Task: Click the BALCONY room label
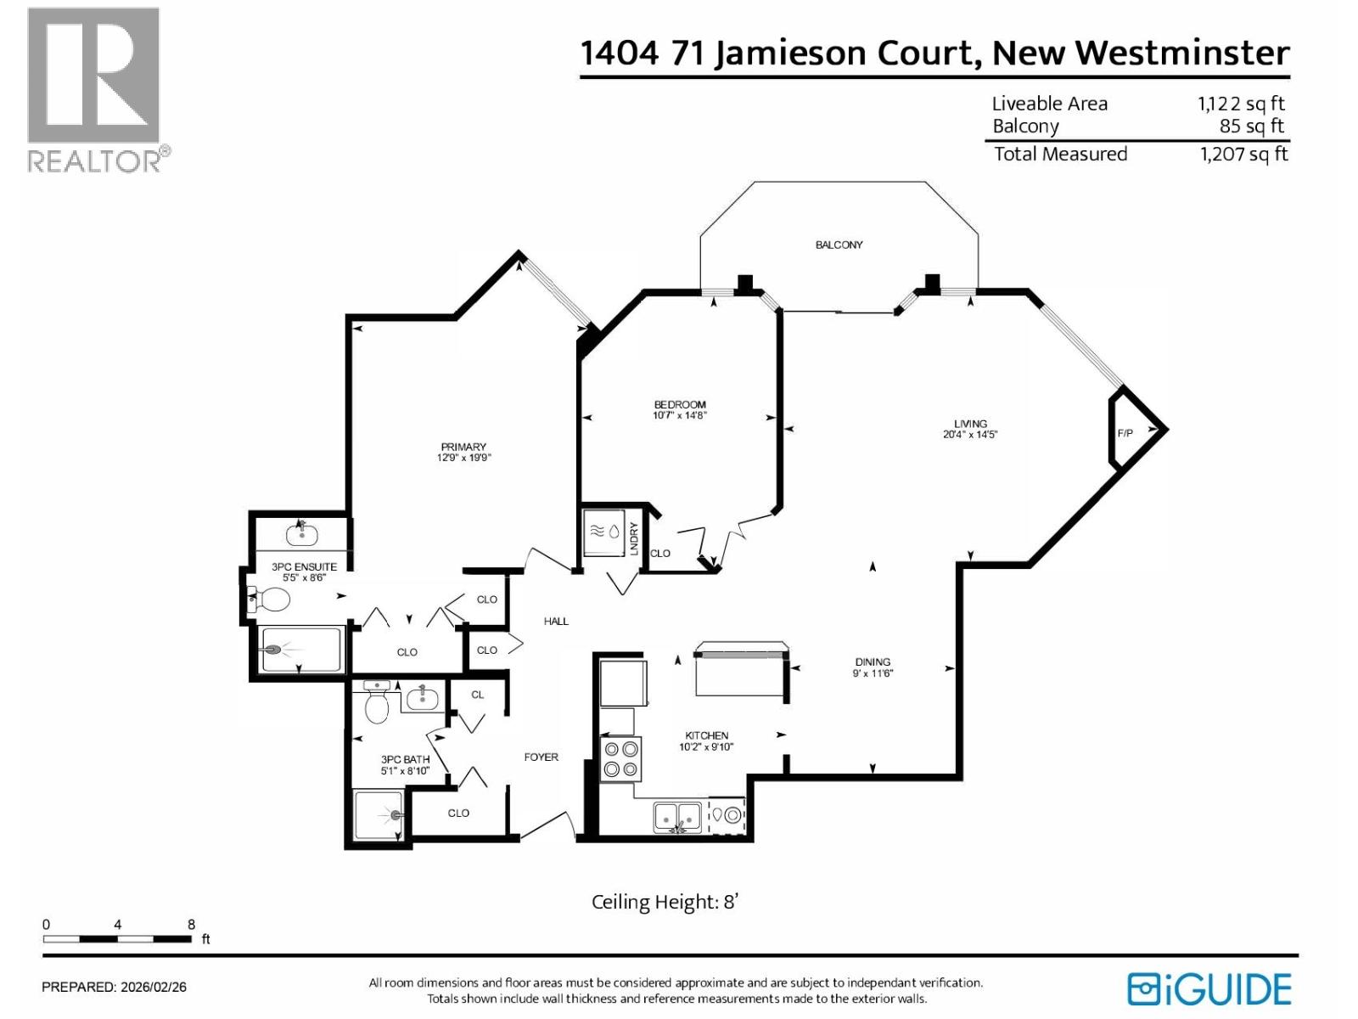tap(839, 245)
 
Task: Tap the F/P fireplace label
tap(1125, 433)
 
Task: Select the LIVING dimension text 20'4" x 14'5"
tap(970, 435)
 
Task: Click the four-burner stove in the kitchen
tap(620, 759)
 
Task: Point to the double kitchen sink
tap(677, 817)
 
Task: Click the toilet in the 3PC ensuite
tap(270, 600)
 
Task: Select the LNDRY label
tap(634, 538)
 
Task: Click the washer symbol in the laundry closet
tap(604, 532)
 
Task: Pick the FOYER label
tap(541, 757)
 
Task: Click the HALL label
tap(556, 622)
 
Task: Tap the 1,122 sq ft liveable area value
tap(1241, 104)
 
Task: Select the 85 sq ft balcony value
tap(1251, 127)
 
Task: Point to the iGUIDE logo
tap(1209, 989)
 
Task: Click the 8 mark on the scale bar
tap(191, 925)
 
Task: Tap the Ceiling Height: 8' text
tap(665, 902)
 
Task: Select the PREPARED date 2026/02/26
tap(154, 987)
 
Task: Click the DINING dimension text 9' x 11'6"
tap(873, 673)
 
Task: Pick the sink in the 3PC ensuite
tap(301, 535)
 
